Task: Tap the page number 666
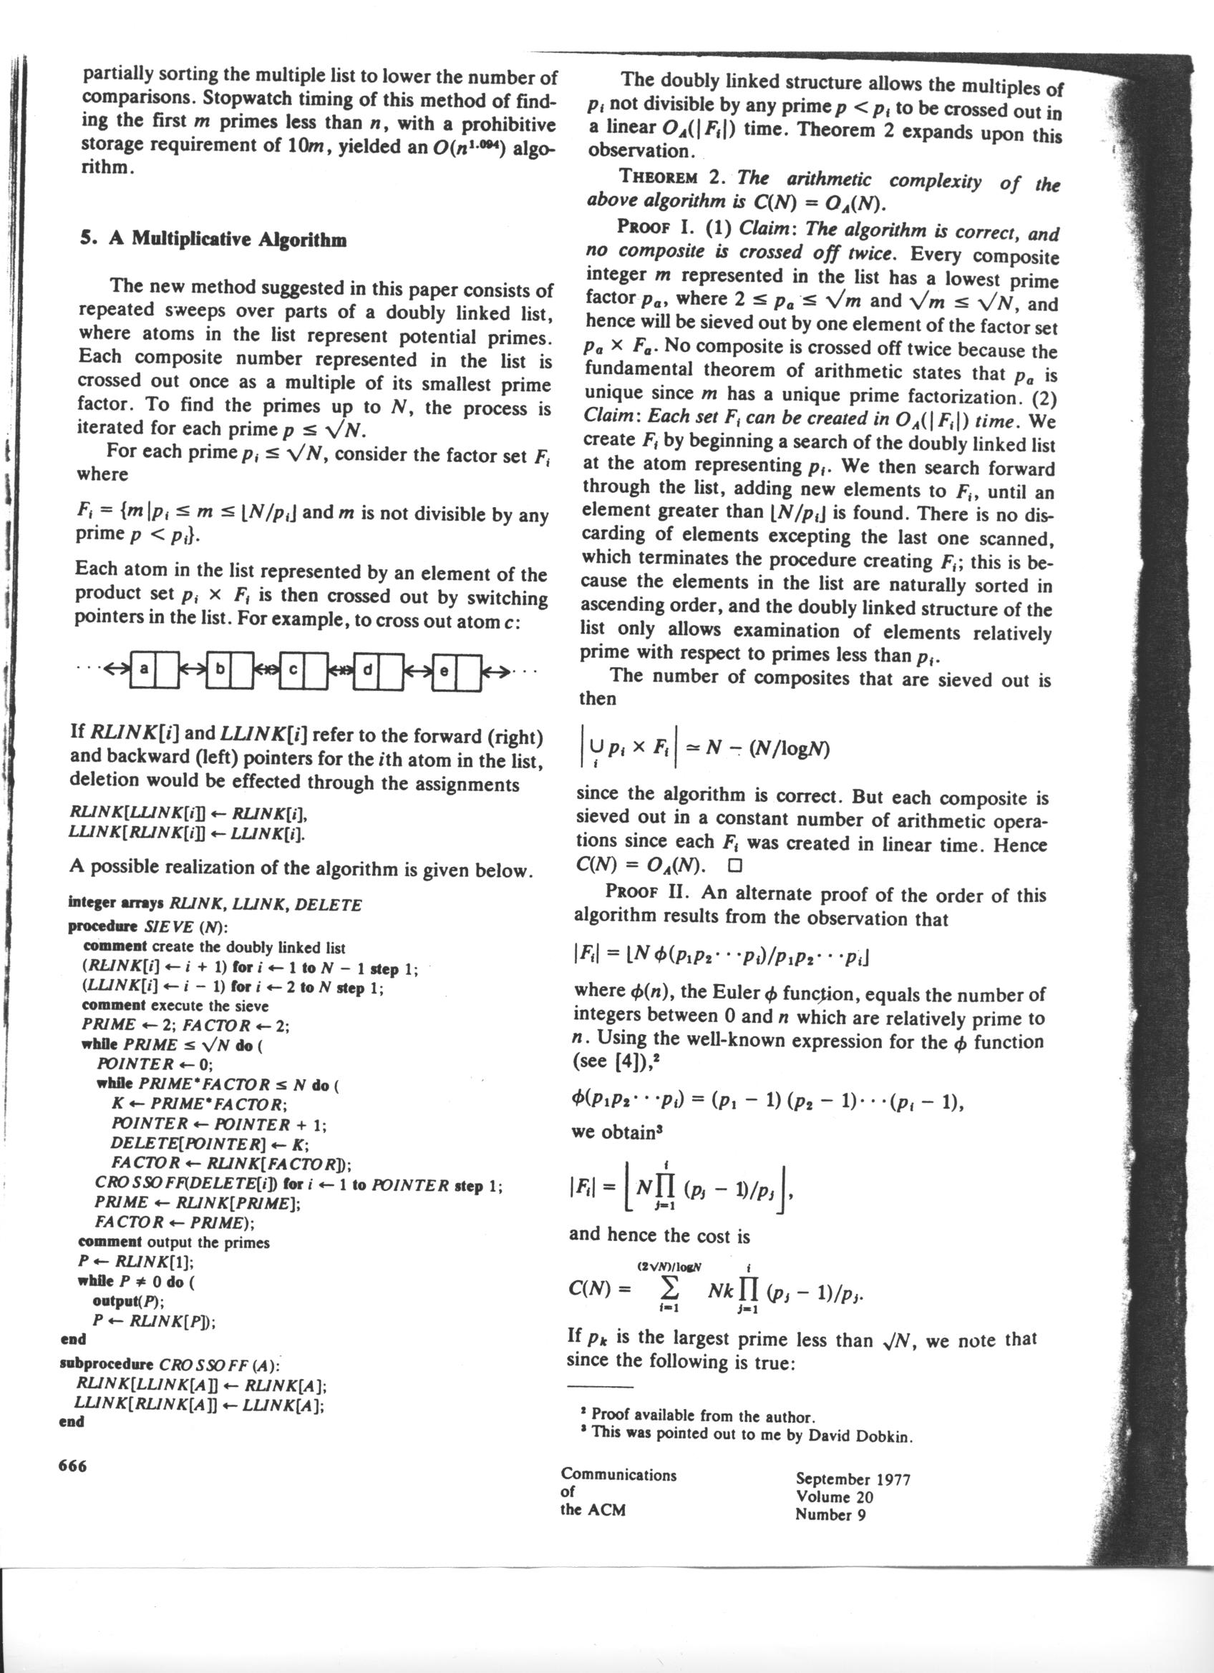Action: [x=72, y=1465]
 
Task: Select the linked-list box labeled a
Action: [x=144, y=669]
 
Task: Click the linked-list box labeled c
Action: [x=292, y=669]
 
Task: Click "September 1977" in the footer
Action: [x=853, y=1479]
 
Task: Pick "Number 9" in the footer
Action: [x=830, y=1513]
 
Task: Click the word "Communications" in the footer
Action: [x=618, y=1475]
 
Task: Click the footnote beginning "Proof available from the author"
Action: [x=701, y=1416]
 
